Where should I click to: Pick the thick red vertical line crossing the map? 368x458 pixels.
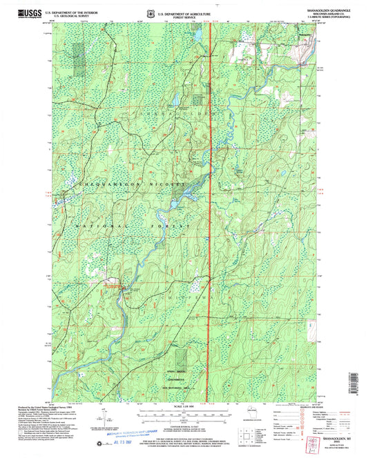point(210,207)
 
